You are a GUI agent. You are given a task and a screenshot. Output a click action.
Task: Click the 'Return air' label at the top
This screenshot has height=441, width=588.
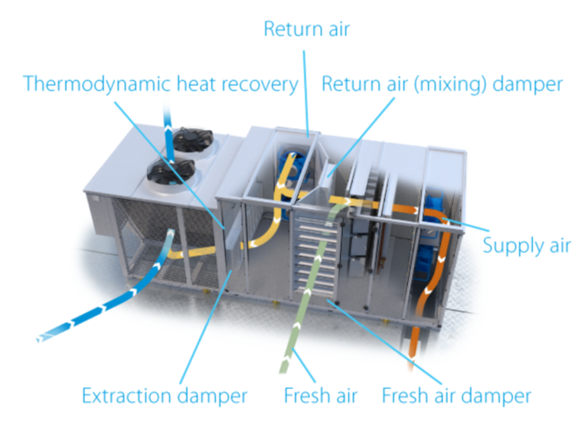click(307, 29)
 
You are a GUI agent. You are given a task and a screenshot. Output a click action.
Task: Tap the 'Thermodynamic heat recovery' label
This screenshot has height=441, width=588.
click(161, 84)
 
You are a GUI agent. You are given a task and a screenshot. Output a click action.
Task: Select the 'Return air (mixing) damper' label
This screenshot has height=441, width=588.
click(442, 84)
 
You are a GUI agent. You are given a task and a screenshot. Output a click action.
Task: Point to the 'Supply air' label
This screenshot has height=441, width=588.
click(527, 246)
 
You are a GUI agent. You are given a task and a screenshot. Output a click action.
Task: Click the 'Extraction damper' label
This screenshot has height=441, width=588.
click(165, 396)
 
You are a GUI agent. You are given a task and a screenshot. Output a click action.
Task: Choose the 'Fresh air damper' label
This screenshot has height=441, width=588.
click(456, 396)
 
